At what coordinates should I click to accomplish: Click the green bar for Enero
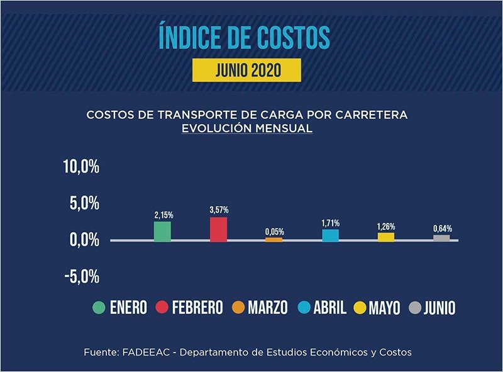tap(162, 231)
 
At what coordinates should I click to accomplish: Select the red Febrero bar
tap(218, 229)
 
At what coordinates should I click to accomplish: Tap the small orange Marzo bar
tap(274, 239)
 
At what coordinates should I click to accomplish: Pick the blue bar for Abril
tap(330, 235)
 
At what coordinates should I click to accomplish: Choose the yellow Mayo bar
tap(385, 237)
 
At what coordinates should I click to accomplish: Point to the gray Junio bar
tap(441, 238)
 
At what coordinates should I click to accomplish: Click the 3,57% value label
tap(219, 210)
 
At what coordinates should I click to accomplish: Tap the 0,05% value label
tap(274, 231)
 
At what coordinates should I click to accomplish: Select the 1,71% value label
tap(331, 223)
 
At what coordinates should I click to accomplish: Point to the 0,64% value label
tap(442, 228)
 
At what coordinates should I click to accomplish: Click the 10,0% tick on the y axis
tap(81, 167)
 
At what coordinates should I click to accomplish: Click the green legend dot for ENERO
tap(99, 308)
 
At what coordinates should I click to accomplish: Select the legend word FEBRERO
tap(197, 308)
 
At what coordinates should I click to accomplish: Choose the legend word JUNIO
tap(439, 308)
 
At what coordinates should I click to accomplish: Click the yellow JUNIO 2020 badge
tap(246, 70)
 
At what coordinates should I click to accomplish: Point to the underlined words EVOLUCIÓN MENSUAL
tap(246, 128)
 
